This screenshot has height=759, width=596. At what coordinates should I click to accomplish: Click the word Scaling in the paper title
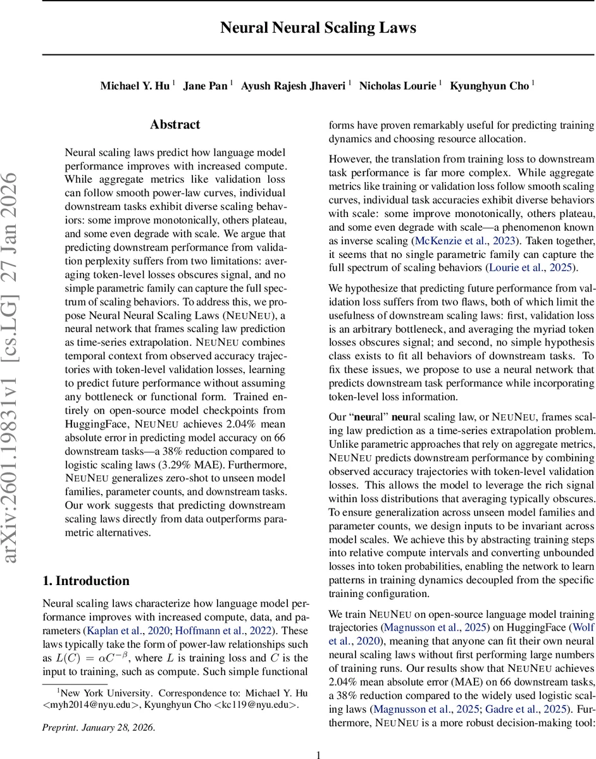[x=351, y=28]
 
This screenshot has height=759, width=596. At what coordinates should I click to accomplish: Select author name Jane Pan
[x=205, y=86]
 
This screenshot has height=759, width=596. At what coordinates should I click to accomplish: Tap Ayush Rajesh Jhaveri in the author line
[x=294, y=86]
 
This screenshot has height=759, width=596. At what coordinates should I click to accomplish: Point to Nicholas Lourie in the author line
[x=397, y=86]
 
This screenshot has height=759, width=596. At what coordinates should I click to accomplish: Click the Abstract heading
[x=175, y=125]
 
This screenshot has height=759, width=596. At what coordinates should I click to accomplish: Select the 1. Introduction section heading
[x=85, y=581]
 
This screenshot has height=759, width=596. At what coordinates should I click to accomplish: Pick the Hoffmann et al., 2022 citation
[x=225, y=630]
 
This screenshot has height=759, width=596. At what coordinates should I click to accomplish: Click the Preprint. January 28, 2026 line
[x=98, y=727]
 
